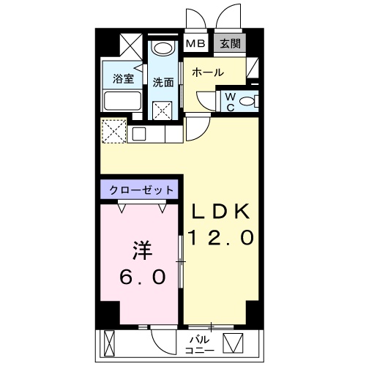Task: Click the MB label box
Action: coord(195,43)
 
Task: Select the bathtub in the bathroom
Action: coord(123,100)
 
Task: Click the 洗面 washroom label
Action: coord(163,82)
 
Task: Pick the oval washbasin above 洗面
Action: coord(164,50)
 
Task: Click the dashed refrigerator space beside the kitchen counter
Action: coord(114,132)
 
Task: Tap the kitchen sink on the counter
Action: coord(139,134)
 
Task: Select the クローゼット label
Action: coord(141,190)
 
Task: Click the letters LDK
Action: coord(221,212)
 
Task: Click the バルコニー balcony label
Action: coord(201,345)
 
